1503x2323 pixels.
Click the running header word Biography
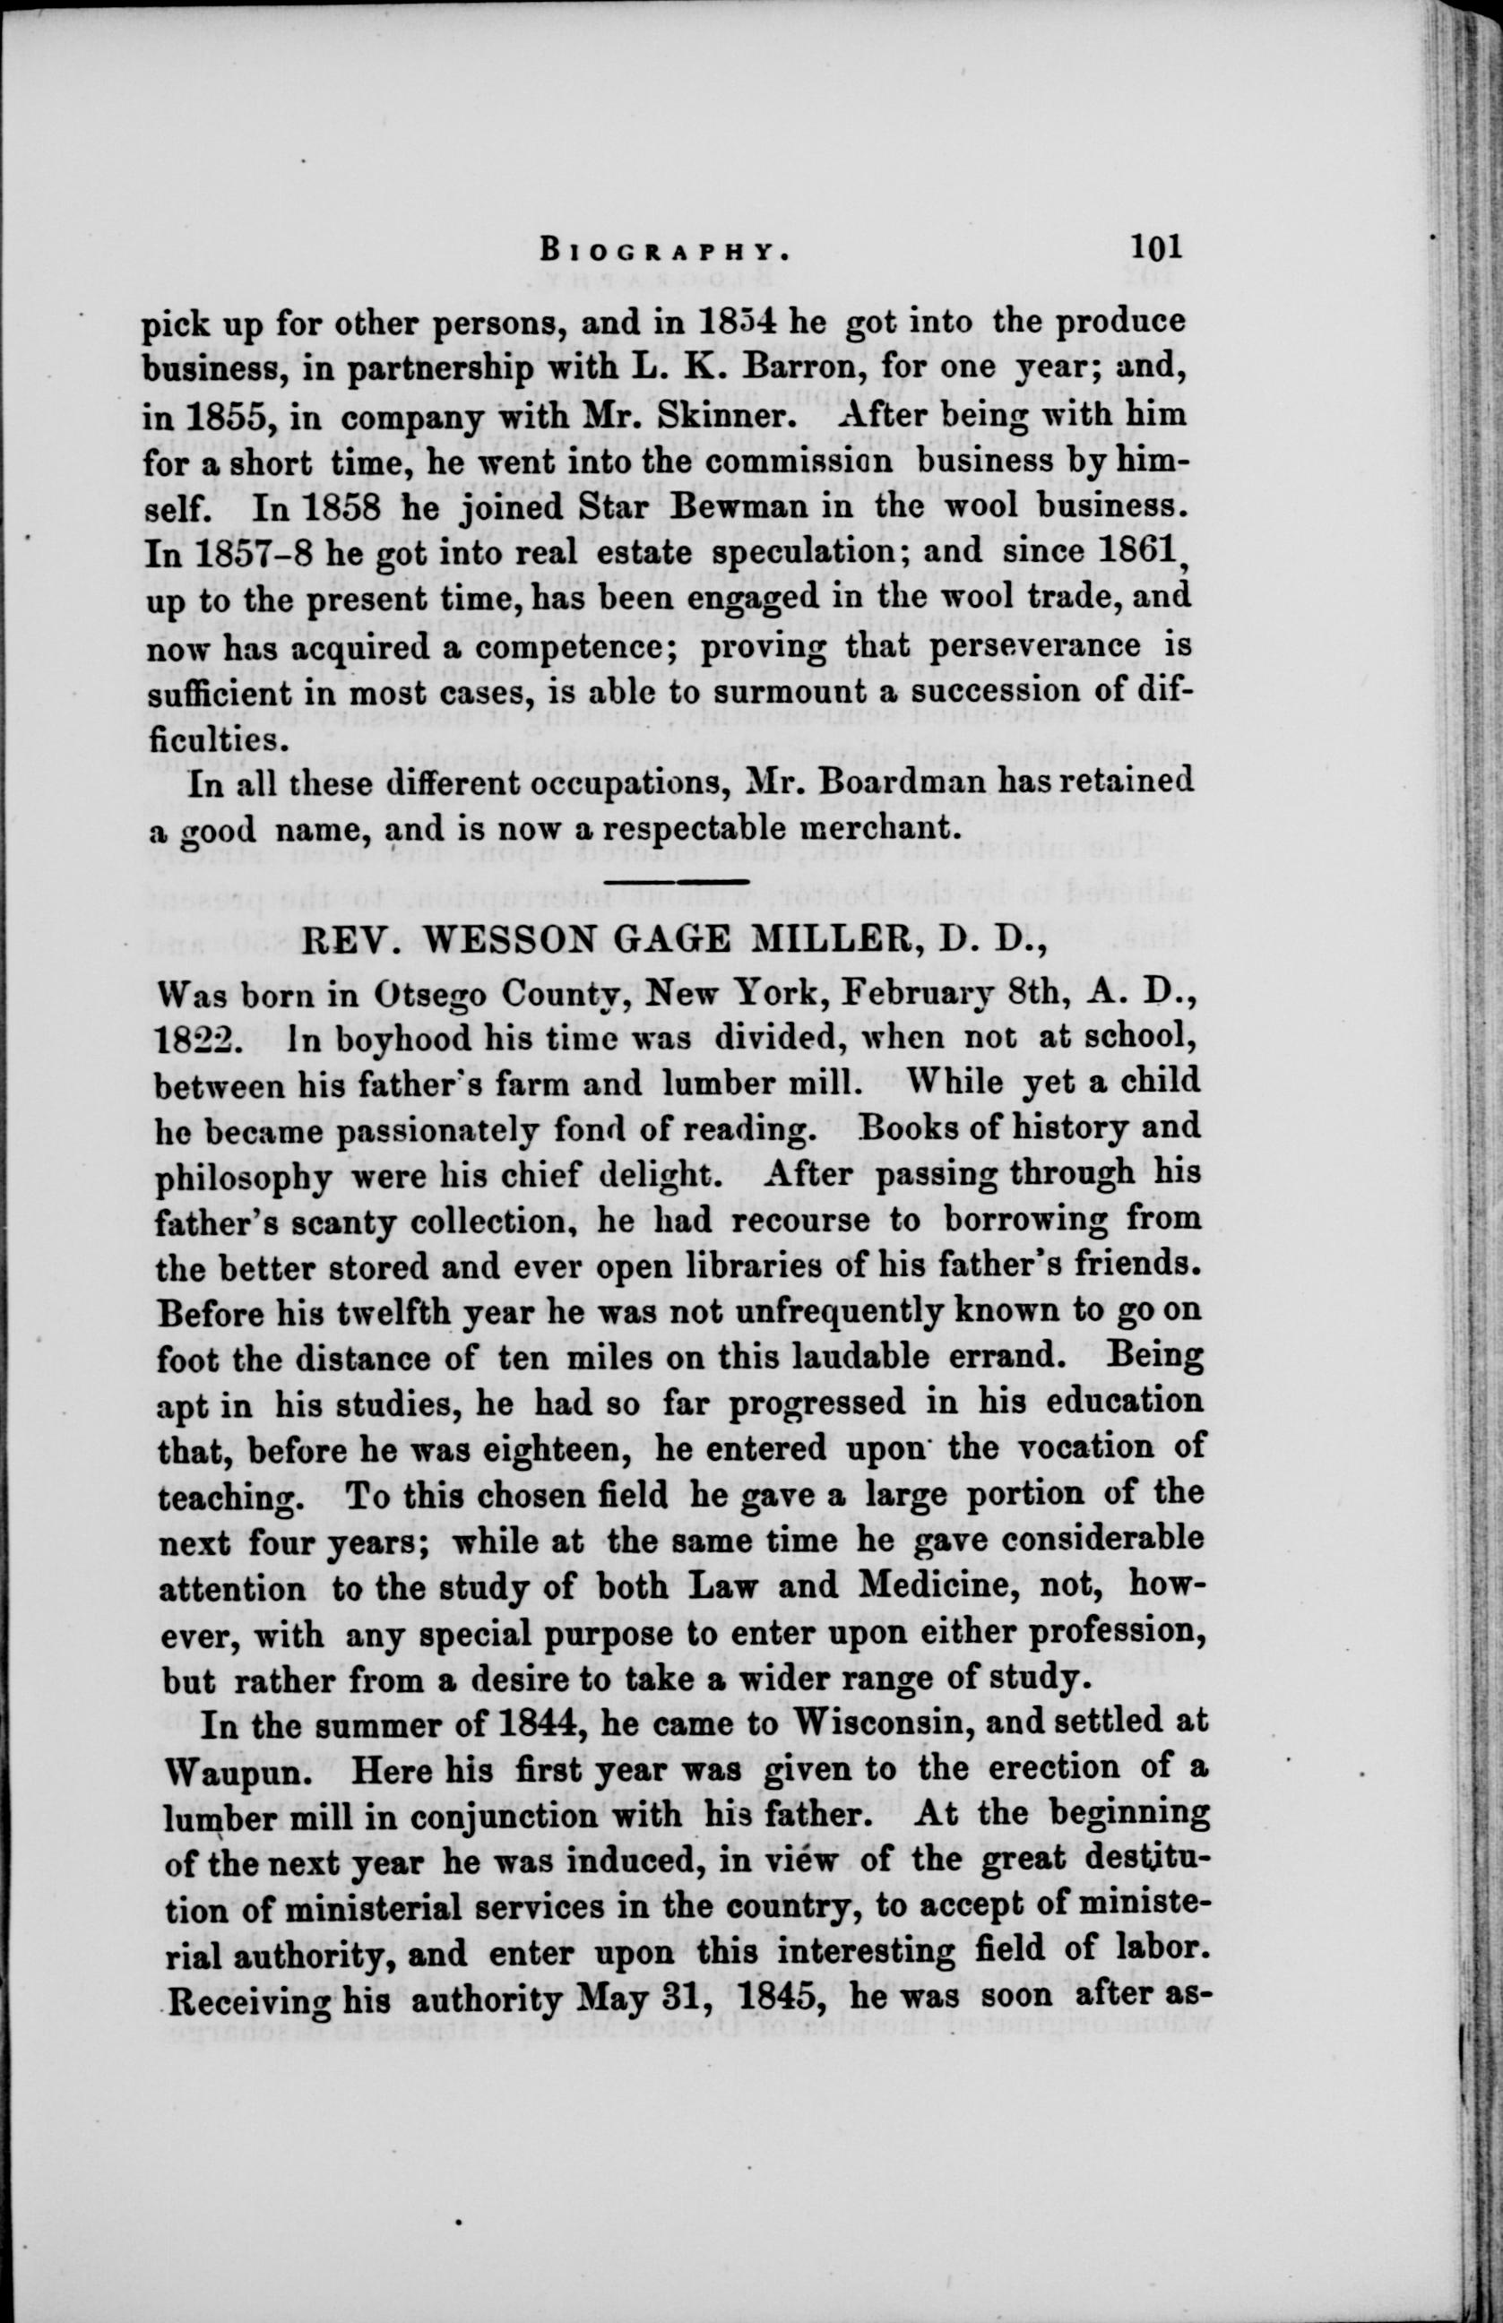point(663,250)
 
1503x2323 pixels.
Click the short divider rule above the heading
point(677,883)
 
